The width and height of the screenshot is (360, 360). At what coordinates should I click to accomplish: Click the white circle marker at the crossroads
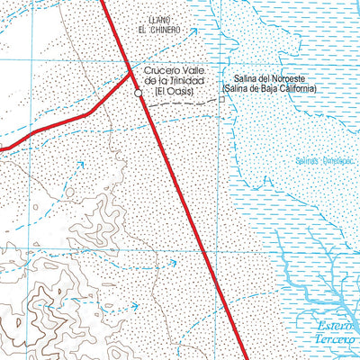click(x=138, y=93)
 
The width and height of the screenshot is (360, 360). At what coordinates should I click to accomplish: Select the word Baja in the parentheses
click(x=276, y=91)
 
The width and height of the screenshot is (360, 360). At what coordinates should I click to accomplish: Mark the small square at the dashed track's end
click(x=222, y=100)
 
